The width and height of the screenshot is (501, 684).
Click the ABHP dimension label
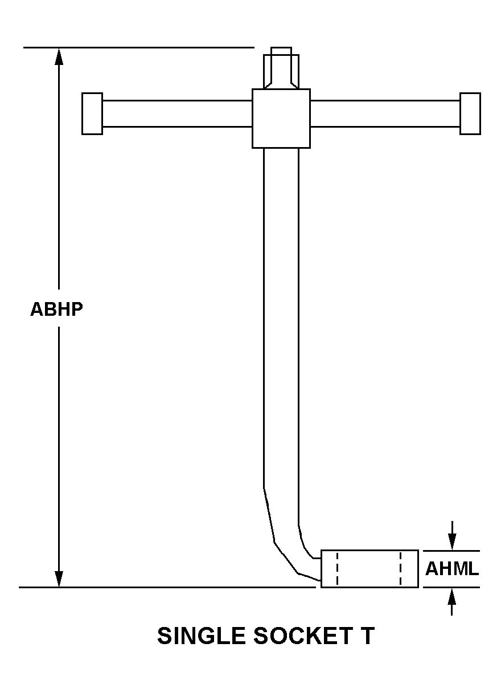56,309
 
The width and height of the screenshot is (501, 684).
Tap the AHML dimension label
451,569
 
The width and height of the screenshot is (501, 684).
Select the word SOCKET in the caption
303,636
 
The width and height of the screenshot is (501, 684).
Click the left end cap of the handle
92,113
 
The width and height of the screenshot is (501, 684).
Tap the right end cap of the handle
470,113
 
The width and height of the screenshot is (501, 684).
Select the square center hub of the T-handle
281,119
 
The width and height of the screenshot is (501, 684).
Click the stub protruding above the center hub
281,68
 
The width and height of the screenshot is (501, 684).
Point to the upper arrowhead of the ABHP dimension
59,56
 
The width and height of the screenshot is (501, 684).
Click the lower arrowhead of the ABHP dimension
59,579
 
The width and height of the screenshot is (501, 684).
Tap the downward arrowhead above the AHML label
452,542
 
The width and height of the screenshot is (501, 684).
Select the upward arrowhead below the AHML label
452,596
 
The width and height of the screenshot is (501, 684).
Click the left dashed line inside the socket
337,569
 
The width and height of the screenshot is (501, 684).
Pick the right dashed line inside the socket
400,569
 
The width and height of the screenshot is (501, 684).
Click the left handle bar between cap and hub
177,113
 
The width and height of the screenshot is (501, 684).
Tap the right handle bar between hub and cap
385,113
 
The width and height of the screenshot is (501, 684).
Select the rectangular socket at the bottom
369,569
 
